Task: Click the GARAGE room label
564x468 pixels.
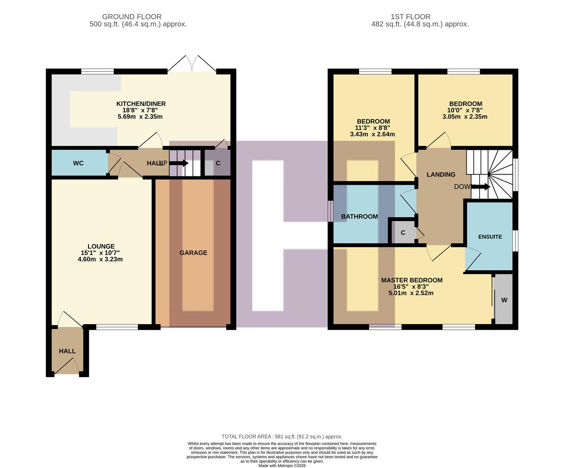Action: [193, 253]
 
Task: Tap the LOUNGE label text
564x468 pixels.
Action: [101, 246]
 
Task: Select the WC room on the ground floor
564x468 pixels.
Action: [78, 163]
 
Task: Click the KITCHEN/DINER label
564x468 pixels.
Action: [141, 104]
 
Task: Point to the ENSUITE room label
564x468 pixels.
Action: [490, 237]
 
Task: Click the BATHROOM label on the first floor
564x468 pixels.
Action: [359, 216]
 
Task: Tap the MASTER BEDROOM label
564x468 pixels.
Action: [411, 280]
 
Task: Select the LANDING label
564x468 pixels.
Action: [441, 174]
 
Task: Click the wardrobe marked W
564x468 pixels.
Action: [504, 300]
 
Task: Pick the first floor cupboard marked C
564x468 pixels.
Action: [403, 233]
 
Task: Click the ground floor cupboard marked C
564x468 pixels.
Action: [218, 163]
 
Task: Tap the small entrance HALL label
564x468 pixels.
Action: [67, 351]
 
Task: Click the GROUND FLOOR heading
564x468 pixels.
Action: [132, 17]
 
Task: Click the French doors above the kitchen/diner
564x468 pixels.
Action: [192, 64]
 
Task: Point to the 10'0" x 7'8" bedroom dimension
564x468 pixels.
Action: [465, 110]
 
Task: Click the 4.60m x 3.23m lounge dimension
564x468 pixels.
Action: [100, 259]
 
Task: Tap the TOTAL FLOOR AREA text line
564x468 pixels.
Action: [282, 436]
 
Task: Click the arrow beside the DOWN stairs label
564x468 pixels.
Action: [482, 187]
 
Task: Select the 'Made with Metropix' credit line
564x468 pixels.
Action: [282, 465]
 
